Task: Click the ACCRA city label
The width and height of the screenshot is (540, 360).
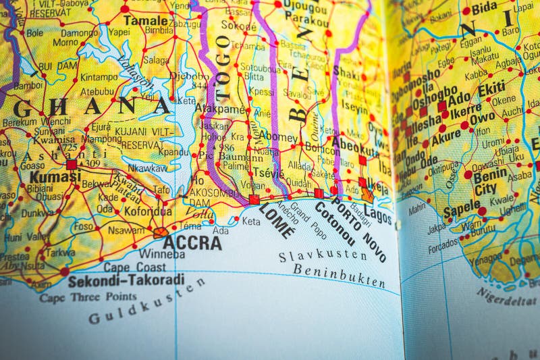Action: click(192, 242)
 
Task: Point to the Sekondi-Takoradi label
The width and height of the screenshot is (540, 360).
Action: click(126, 280)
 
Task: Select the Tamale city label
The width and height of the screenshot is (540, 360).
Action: click(145, 20)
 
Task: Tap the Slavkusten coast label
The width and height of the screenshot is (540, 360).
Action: click(323, 255)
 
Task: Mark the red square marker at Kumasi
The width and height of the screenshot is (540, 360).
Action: click(72, 164)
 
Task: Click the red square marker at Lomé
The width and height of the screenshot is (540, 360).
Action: click(254, 199)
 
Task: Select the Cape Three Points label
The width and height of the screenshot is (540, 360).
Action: click(87, 297)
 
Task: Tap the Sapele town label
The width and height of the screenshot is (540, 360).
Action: click(462, 209)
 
